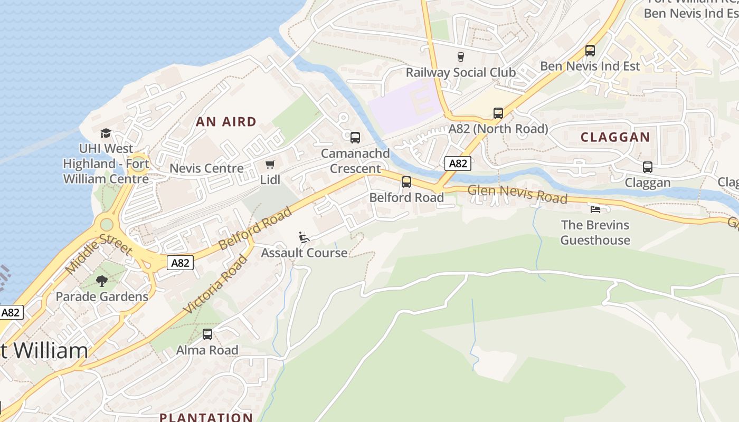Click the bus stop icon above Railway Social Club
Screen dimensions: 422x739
(x=460, y=57)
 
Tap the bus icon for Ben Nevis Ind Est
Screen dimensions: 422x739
(x=590, y=51)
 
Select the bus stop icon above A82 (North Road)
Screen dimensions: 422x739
(x=498, y=113)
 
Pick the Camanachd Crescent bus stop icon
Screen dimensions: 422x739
(x=355, y=138)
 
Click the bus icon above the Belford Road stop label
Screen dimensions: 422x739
(x=406, y=182)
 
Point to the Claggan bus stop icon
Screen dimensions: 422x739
(x=647, y=167)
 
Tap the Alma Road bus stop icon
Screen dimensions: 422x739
(x=207, y=334)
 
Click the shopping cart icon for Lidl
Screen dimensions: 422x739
(x=270, y=165)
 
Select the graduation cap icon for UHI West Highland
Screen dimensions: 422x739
(x=106, y=133)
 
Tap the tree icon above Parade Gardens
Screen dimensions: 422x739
(x=102, y=281)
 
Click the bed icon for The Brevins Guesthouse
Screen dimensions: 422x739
(x=595, y=209)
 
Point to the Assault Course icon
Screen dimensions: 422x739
(x=304, y=237)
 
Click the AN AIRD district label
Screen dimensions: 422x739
(x=226, y=122)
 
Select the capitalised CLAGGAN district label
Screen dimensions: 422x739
(x=615, y=137)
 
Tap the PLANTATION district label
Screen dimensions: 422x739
(x=206, y=417)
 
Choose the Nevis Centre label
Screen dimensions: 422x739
(x=206, y=168)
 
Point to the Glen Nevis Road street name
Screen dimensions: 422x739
(x=517, y=194)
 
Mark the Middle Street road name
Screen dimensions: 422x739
(x=99, y=252)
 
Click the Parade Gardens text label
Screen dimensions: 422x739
(x=102, y=296)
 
